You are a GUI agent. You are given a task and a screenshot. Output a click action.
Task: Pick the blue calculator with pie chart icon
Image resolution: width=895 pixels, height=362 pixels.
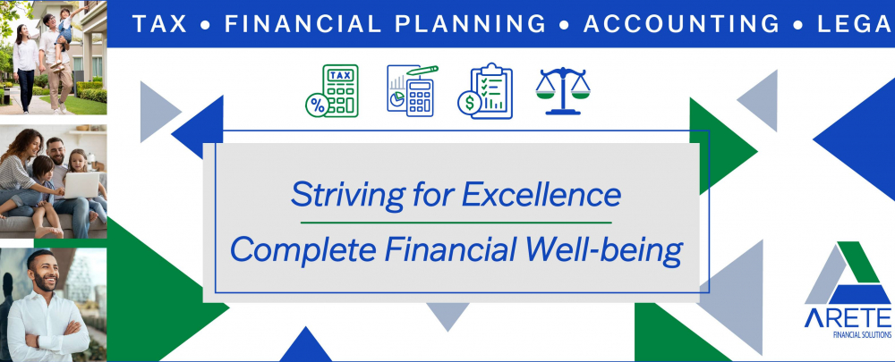click(412, 89)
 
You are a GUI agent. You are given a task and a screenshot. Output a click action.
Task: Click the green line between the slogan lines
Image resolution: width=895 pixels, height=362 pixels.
click(456, 222)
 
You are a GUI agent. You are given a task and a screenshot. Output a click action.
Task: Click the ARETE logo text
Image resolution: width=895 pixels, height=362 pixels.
click(847, 318)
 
